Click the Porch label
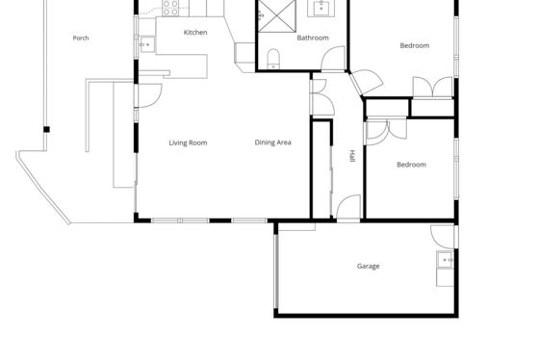point(81,39)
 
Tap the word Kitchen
point(195,33)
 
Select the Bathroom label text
point(313,38)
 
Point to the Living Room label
point(188,142)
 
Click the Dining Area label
point(273,142)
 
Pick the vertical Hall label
point(352,156)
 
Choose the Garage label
point(368,266)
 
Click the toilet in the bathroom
point(273,59)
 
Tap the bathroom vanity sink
point(321,9)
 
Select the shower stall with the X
point(277,16)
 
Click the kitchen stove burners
point(170,8)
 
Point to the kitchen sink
point(147,44)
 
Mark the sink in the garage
point(446,260)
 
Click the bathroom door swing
point(333,59)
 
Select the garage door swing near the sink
point(443,237)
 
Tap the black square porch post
point(46,129)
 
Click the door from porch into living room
point(149,95)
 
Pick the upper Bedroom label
point(415,46)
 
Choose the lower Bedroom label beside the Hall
point(412,165)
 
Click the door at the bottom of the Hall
point(348,207)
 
